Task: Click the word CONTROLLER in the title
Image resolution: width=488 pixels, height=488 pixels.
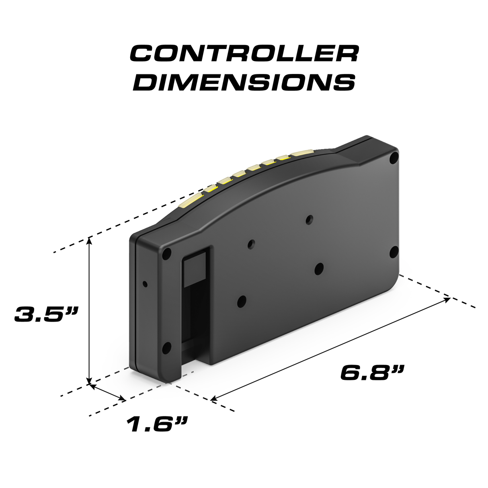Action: [244, 53]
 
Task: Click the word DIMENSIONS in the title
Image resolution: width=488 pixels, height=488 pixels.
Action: [244, 82]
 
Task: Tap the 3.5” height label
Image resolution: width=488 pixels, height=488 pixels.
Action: [45, 314]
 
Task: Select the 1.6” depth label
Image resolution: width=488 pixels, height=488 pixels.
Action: [157, 424]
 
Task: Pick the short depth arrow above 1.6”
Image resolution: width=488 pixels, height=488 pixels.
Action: [107, 392]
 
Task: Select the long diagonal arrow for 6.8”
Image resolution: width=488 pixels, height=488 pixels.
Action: [330, 349]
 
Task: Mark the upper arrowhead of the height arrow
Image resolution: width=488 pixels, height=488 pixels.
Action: [89, 240]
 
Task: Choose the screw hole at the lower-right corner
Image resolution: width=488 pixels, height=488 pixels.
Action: [394, 252]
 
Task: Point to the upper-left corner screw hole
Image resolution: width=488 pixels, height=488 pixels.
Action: [167, 253]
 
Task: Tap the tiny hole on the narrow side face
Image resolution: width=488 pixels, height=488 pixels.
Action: [145, 284]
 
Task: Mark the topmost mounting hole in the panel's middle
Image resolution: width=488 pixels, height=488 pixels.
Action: [309, 219]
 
